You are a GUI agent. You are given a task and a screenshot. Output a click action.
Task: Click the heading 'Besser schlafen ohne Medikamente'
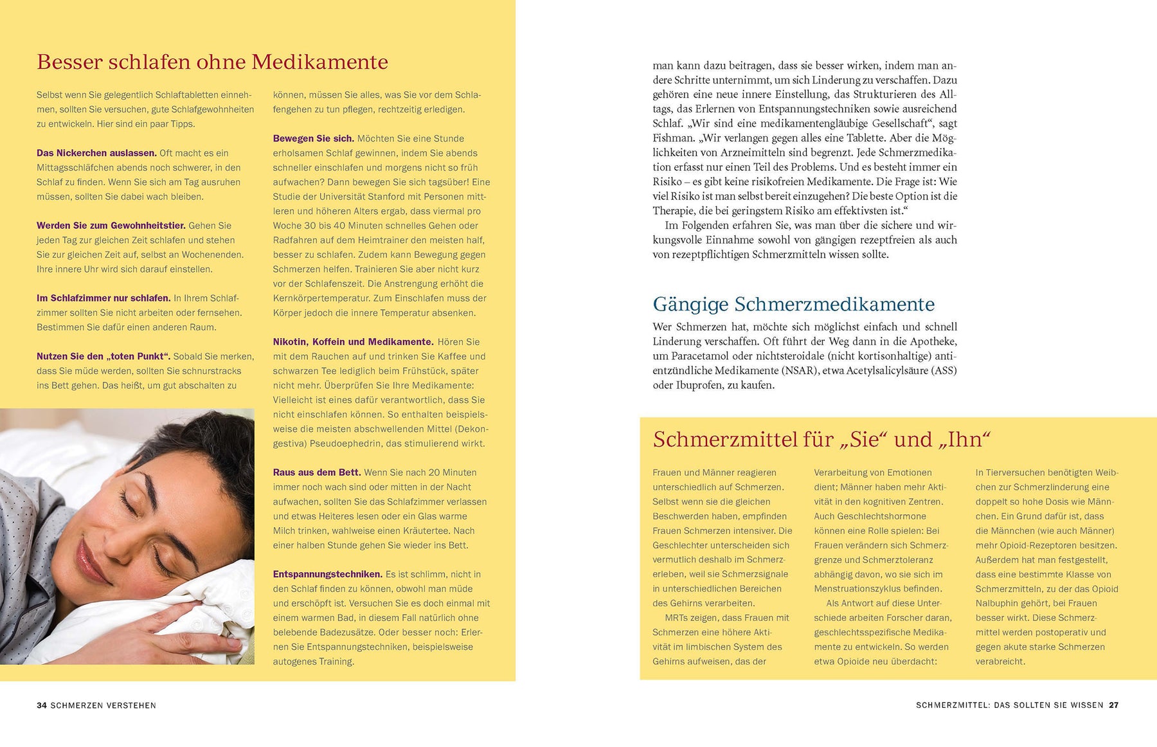click(x=212, y=62)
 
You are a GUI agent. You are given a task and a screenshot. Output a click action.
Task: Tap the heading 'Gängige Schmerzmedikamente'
click(x=793, y=304)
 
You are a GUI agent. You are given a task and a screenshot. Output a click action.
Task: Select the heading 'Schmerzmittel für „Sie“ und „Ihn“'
click(x=821, y=440)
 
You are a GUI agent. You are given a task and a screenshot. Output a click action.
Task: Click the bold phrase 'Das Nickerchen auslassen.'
click(x=96, y=153)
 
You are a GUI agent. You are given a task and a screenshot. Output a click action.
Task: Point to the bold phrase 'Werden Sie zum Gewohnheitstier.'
click(x=111, y=226)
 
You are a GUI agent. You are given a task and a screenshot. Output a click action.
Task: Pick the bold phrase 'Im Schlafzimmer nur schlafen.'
click(x=103, y=298)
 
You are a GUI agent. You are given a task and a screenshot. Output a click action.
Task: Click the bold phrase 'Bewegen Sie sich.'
click(x=313, y=139)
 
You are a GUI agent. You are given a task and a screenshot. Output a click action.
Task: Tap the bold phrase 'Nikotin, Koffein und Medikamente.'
click(x=353, y=342)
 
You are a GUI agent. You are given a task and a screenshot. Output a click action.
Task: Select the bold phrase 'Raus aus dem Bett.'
click(x=316, y=473)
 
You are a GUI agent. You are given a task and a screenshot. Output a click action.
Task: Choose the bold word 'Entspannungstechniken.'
click(x=327, y=574)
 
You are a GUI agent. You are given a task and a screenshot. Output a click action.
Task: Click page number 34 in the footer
click(x=42, y=705)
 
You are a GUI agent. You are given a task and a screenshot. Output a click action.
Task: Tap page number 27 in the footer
click(x=1113, y=705)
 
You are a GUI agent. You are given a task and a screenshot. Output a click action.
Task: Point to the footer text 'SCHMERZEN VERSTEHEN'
click(x=103, y=705)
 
